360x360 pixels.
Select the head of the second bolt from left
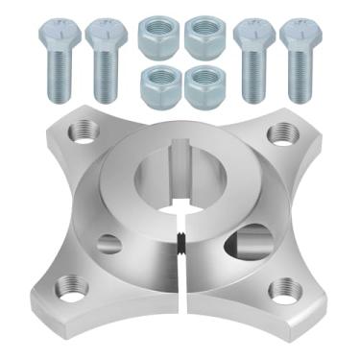click(106, 35)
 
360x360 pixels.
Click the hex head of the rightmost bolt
click(300, 35)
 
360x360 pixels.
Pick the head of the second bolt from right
click(254, 35)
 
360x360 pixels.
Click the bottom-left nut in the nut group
click(157, 85)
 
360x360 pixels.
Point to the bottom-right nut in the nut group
click(204, 85)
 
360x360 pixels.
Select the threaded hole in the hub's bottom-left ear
click(66, 285)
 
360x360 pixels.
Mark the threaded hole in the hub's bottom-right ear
click(285, 289)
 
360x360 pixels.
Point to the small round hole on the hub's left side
click(109, 244)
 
